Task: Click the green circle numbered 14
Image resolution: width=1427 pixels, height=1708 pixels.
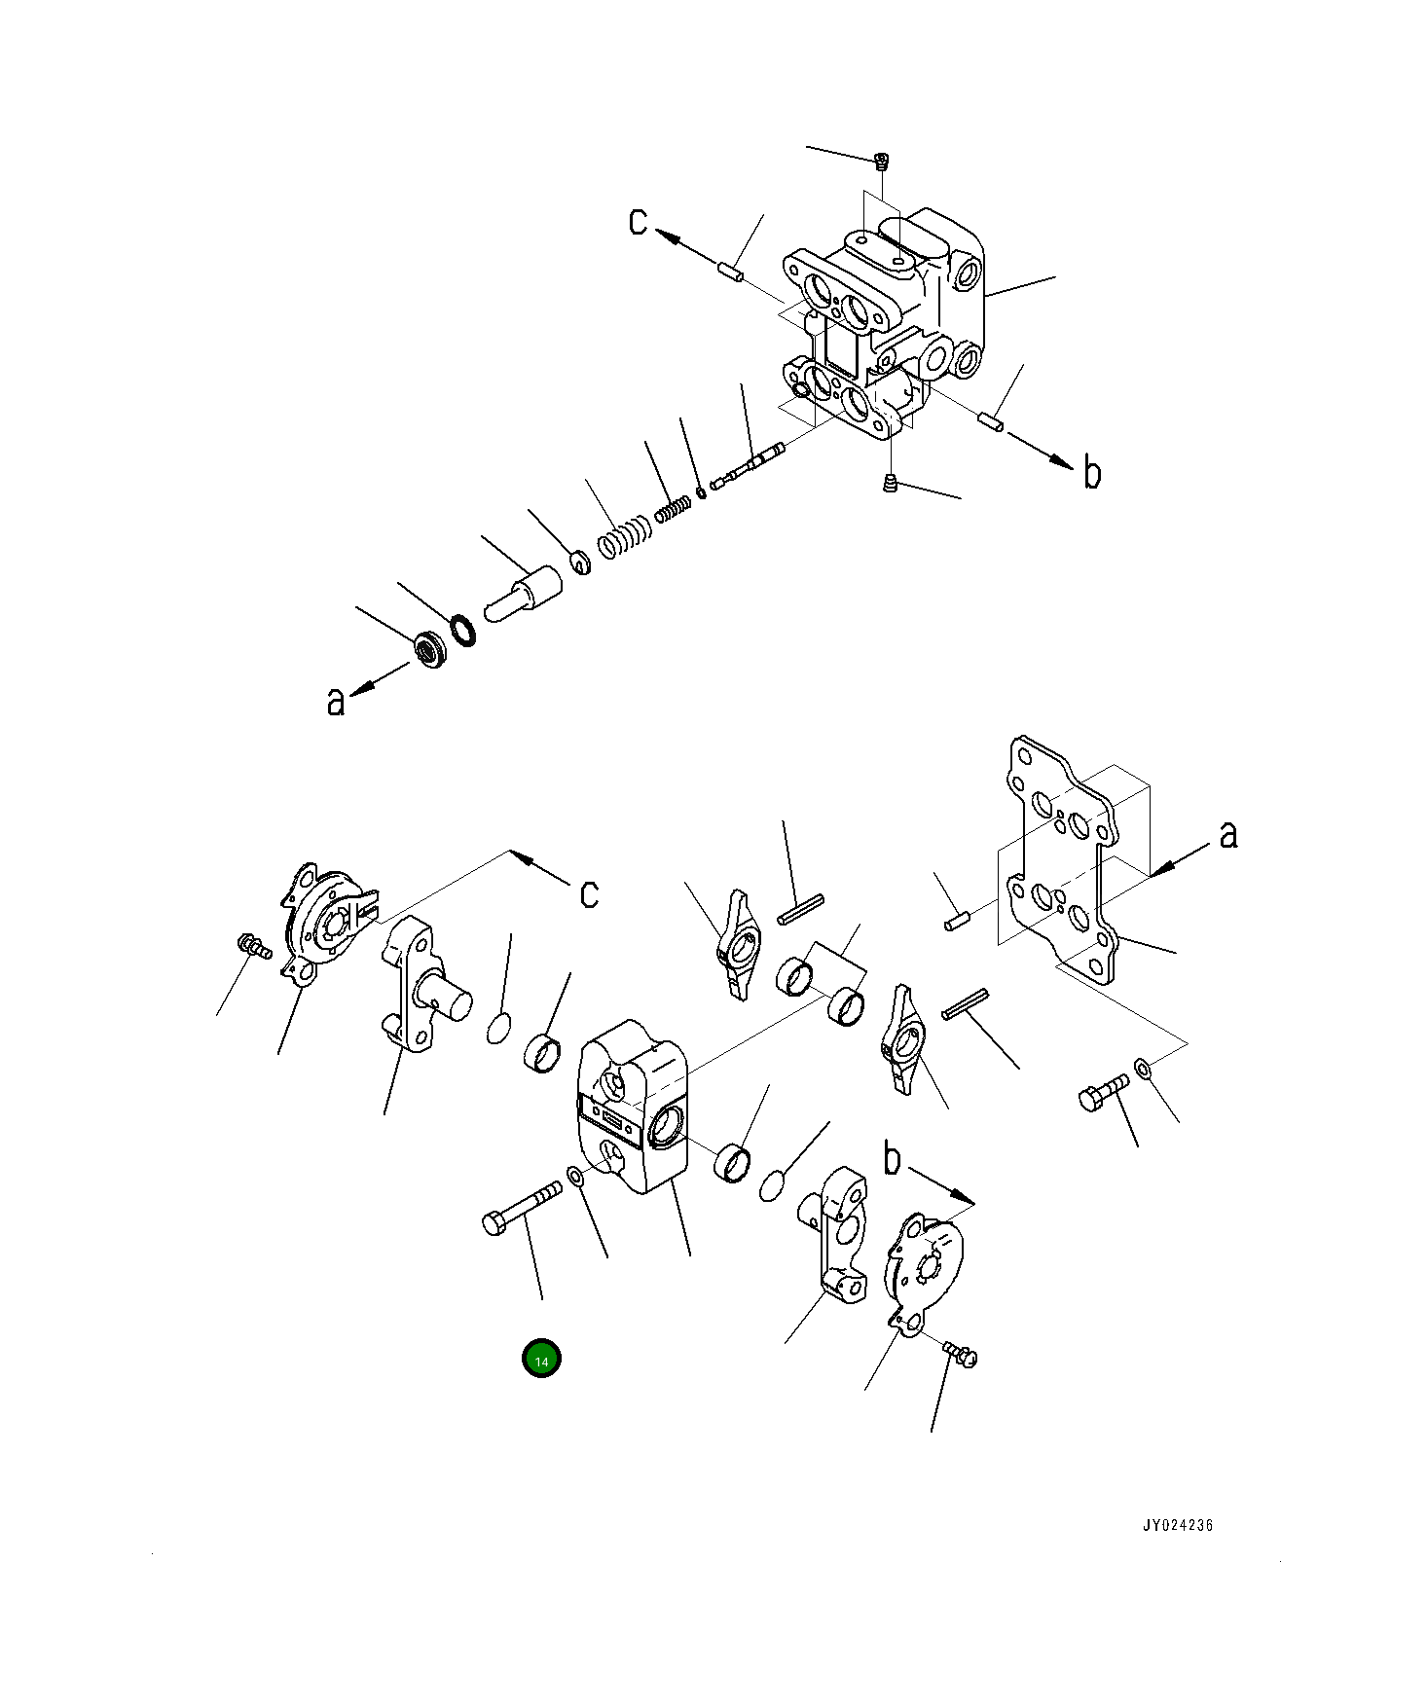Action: pos(541,1360)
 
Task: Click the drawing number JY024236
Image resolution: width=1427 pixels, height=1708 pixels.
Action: pos(1178,1553)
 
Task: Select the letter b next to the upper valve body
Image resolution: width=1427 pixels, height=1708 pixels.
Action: pos(1092,473)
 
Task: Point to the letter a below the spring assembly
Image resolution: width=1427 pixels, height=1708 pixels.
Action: pos(336,700)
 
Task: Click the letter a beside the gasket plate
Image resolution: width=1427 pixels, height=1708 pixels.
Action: pos(1228,834)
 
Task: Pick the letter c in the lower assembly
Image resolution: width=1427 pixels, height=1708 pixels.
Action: pos(589,892)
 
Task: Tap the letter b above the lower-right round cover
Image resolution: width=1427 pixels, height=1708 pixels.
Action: pos(893,1161)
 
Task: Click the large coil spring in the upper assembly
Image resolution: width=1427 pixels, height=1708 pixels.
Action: pos(622,537)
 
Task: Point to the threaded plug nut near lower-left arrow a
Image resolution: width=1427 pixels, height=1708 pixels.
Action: pos(427,648)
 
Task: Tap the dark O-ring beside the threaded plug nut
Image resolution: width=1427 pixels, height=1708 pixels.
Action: pos(463,629)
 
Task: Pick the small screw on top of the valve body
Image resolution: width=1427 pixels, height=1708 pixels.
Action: pos(882,162)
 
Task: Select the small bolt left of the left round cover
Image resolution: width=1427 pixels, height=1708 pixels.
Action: pos(253,943)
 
